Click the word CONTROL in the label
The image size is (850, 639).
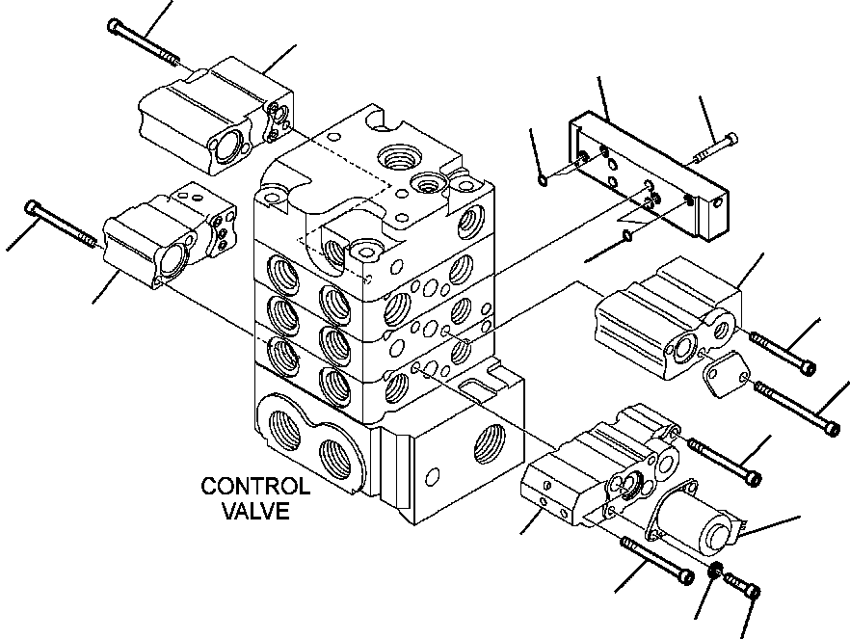click(255, 487)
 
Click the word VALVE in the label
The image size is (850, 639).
click(255, 511)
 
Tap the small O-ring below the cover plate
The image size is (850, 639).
click(627, 234)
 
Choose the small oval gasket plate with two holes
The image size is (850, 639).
click(722, 373)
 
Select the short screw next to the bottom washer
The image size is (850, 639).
click(741, 583)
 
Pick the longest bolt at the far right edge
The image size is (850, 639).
click(797, 408)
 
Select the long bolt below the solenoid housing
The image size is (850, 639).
click(659, 560)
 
